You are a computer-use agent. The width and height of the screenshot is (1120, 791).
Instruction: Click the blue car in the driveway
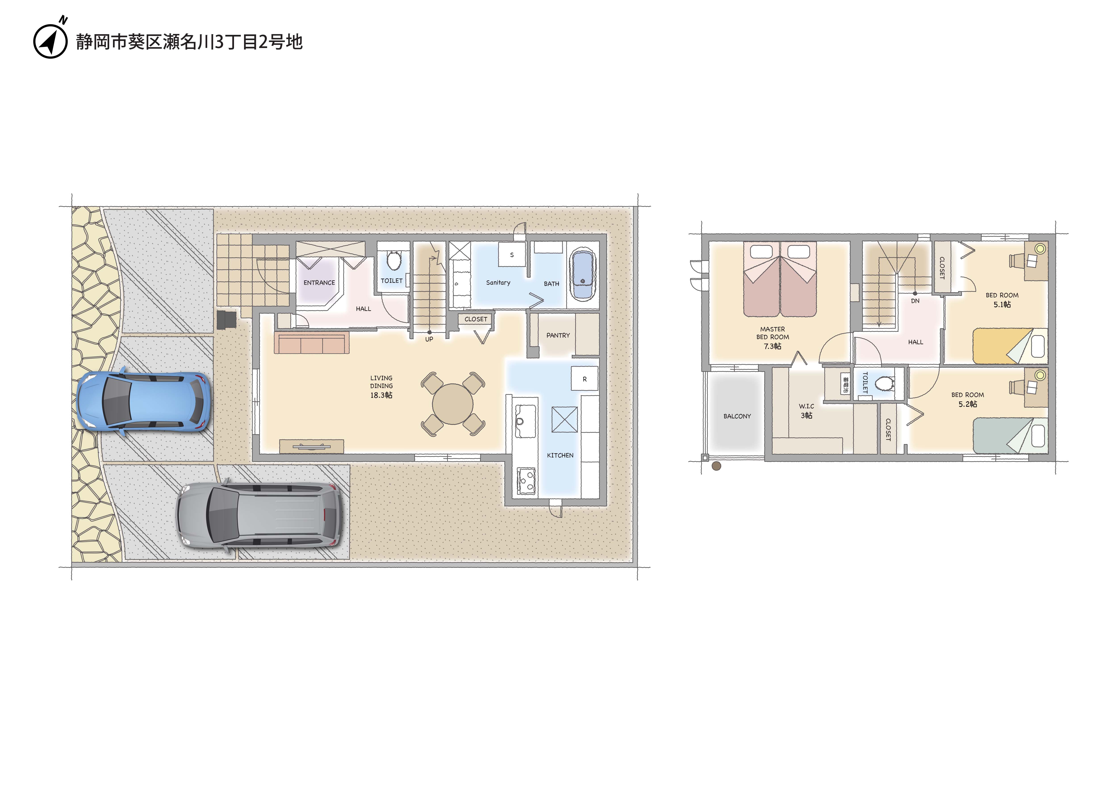pos(144,401)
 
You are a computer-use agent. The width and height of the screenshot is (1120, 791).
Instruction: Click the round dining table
pos(453,404)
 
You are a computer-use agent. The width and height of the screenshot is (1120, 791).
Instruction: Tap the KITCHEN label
pos(560,455)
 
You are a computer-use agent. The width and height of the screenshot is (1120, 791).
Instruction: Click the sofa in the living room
pos(312,342)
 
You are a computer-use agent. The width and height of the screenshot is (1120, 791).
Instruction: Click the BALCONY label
pos(737,416)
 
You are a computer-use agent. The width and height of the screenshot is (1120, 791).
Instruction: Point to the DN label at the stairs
pos(915,301)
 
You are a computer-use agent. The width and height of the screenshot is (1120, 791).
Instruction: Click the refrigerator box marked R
pos(584,379)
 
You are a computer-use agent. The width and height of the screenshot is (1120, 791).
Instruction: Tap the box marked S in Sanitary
pos(512,255)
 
